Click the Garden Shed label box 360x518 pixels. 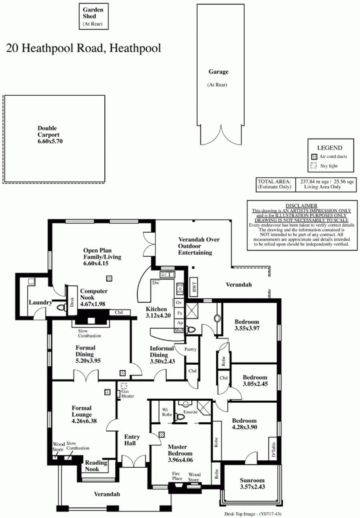[x=94, y=16]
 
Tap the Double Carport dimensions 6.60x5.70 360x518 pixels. [x=50, y=141]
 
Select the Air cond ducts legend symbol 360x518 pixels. [x=314, y=157]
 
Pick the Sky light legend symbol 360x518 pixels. [x=314, y=166]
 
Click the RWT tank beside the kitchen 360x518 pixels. [x=194, y=287]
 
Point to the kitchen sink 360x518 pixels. [x=167, y=275]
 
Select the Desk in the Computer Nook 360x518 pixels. [x=72, y=301]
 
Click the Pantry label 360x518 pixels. [x=190, y=349]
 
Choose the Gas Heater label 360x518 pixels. [x=128, y=394]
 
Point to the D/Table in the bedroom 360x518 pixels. [x=273, y=450]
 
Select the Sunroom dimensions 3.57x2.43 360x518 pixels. [x=252, y=486]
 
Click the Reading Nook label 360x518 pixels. [x=96, y=466]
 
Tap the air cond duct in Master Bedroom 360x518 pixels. [x=162, y=435]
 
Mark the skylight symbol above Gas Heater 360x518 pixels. [x=124, y=385]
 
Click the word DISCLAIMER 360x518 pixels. [x=301, y=206]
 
